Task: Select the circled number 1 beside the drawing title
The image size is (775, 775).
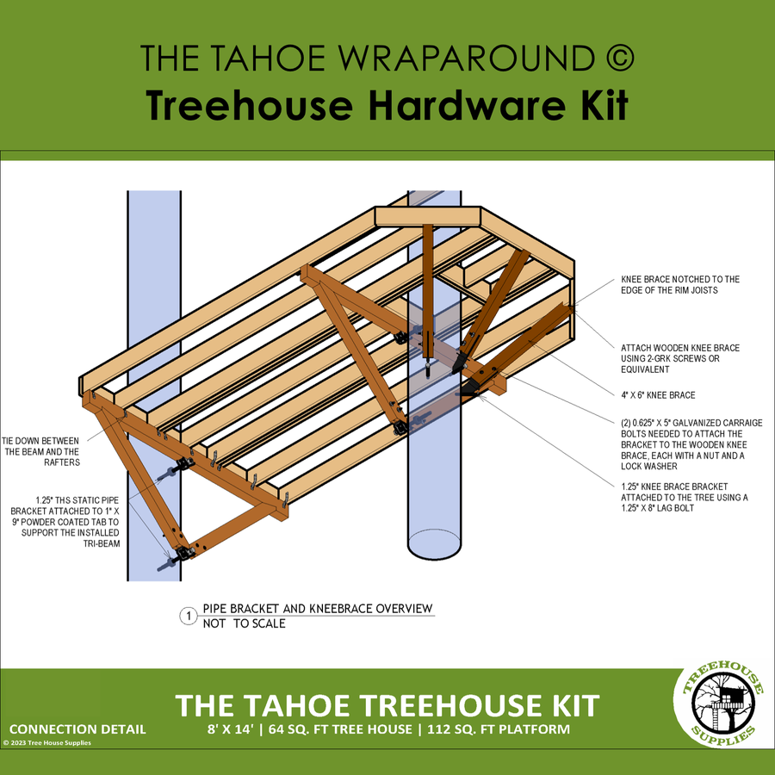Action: (x=187, y=616)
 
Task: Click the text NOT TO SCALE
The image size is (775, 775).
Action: (x=244, y=623)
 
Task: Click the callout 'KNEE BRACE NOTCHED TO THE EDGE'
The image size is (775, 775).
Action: (x=680, y=285)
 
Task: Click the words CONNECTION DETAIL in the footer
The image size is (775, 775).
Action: (x=77, y=729)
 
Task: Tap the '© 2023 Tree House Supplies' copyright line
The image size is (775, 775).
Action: (x=47, y=742)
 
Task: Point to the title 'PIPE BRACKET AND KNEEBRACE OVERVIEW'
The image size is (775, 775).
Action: (x=317, y=609)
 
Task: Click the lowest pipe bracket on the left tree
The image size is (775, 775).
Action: (x=181, y=555)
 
